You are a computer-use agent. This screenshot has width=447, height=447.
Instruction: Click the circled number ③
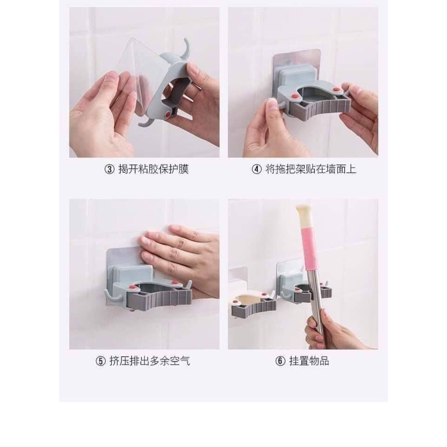(x=109, y=169)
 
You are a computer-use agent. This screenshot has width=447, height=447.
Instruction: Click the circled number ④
(x=257, y=169)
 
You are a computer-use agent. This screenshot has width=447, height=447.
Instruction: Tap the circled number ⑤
(x=101, y=361)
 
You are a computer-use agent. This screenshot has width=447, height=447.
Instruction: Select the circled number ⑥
(x=280, y=361)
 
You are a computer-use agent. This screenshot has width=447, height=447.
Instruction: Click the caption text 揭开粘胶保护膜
(x=154, y=169)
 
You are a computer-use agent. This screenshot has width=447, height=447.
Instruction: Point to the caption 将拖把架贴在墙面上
(x=311, y=169)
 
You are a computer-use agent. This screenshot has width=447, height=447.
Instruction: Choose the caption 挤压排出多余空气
(x=149, y=361)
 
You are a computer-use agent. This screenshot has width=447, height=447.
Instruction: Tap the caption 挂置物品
(x=309, y=361)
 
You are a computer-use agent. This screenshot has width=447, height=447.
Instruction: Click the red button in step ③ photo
(x=168, y=115)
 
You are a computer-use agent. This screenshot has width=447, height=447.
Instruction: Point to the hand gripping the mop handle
(x=333, y=331)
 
